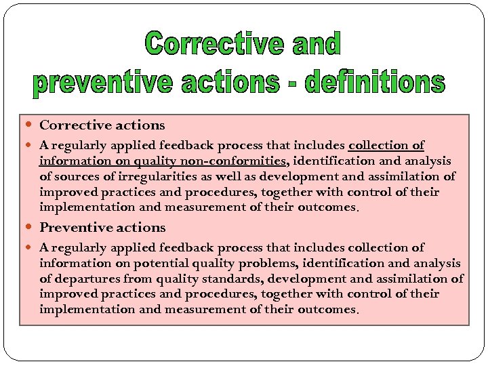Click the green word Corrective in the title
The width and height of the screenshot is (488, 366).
click(214, 45)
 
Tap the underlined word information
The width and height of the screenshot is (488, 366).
click(74, 161)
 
